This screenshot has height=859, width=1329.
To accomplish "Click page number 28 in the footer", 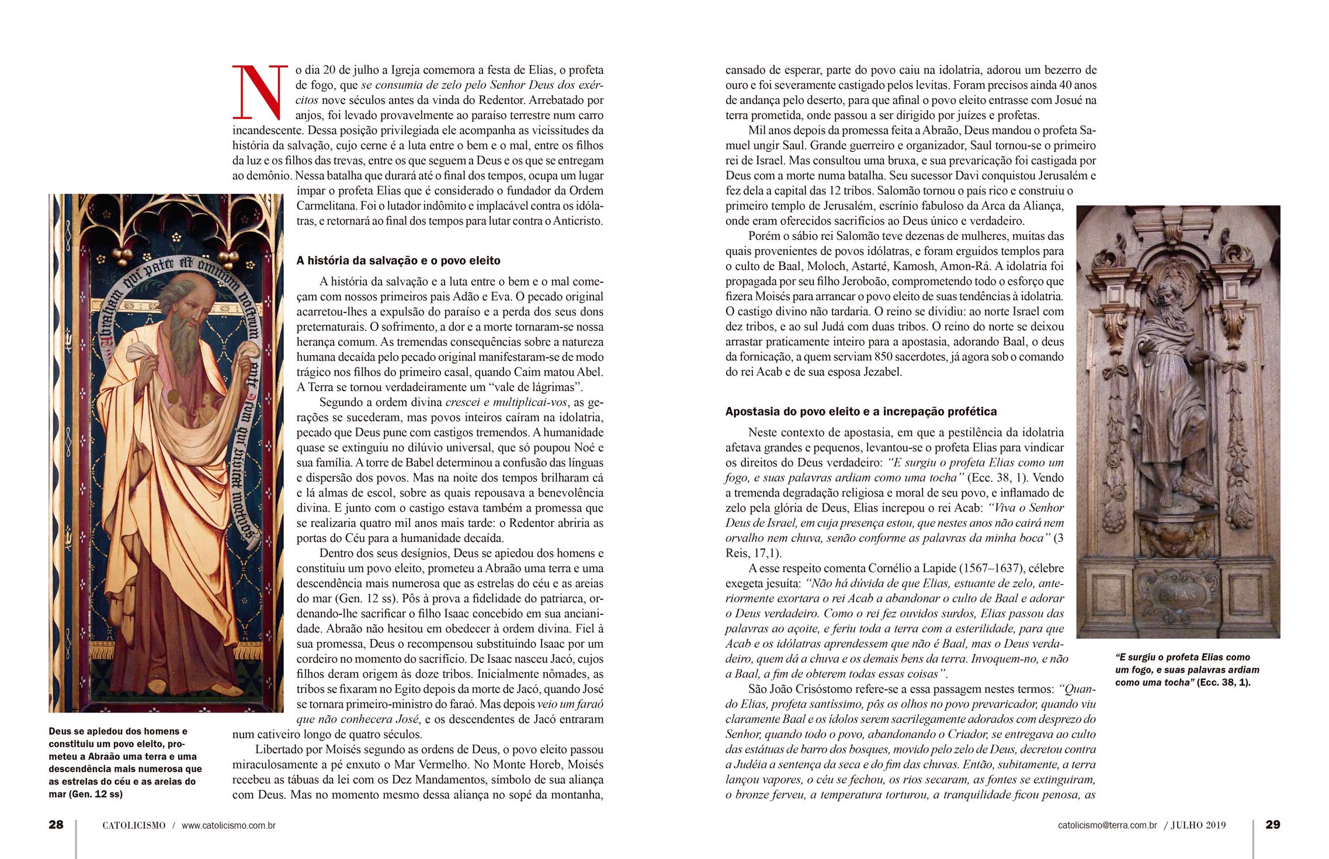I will click(56, 825).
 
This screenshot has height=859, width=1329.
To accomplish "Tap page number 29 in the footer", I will click(1272, 825).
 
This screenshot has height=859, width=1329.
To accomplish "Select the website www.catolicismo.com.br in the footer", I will click(228, 826).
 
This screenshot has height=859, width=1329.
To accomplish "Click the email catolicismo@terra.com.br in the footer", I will click(1107, 826).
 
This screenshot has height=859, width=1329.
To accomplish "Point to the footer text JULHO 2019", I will click(1198, 826).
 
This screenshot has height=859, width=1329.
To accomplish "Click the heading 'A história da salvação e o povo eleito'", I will click(398, 260).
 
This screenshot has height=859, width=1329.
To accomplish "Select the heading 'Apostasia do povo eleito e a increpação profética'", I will click(860, 412).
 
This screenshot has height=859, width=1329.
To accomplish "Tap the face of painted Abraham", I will click(188, 307).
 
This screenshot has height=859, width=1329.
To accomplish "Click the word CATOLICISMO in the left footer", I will click(134, 826).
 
